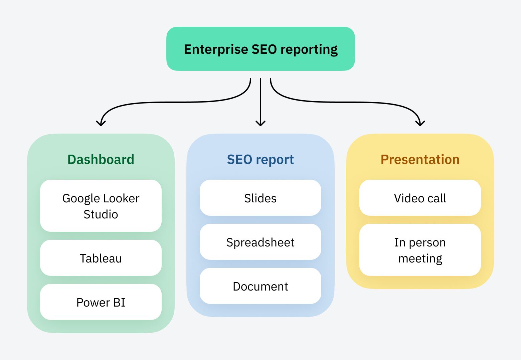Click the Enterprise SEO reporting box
(260, 49)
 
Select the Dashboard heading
(101, 159)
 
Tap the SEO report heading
(260, 159)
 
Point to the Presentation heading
(420, 159)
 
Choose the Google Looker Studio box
(101, 206)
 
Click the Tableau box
(101, 258)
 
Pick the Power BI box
(101, 302)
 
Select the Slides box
(260, 198)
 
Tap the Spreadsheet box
(260, 242)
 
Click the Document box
(260, 286)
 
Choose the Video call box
(420, 198)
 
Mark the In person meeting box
(420, 250)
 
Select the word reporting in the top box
(309, 49)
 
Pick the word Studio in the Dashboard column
(101, 214)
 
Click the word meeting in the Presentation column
(420, 258)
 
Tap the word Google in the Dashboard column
(79, 198)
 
